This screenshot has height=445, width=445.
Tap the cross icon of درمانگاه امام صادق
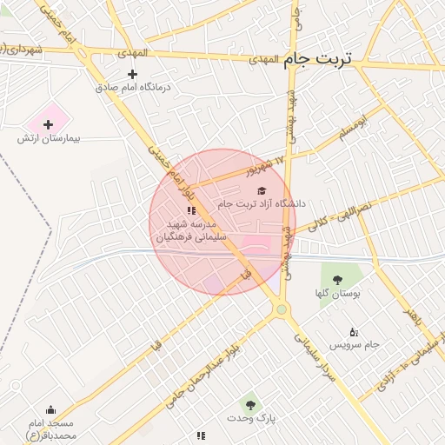tap(132, 75)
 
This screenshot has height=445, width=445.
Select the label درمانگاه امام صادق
tap(134, 89)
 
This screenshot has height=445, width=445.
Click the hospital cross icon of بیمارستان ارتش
tap(48, 125)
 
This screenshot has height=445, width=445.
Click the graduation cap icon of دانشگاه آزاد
tap(262, 190)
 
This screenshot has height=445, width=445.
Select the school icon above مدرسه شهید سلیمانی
tap(190, 210)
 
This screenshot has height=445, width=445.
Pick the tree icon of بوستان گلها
tap(337, 280)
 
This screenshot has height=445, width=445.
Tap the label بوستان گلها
tap(338, 294)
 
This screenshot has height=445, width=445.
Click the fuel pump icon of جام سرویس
tap(353, 332)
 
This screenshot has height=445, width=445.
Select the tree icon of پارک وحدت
tap(250, 405)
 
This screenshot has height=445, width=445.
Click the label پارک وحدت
tap(251, 419)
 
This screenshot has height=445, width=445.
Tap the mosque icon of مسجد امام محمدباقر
tap(50, 410)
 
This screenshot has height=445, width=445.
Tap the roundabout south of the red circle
tap(281, 309)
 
